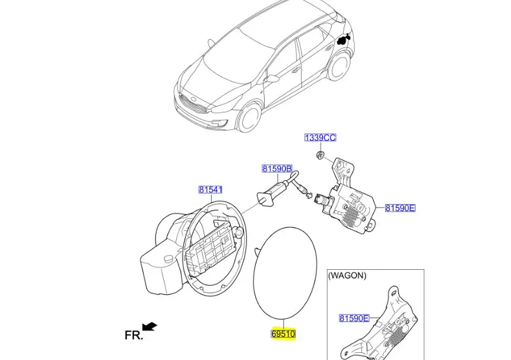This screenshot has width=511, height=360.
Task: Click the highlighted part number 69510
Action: click(x=283, y=334)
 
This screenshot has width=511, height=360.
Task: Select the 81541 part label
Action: click(x=211, y=190)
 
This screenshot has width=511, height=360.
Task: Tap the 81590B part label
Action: click(x=277, y=169)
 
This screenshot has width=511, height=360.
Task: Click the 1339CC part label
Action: click(x=320, y=138)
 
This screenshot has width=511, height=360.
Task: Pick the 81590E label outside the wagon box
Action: click(x=400, y=208)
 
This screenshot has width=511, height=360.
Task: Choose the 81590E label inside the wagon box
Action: click(x=354, y=318)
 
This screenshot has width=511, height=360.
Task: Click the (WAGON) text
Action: click(x=347, y=276)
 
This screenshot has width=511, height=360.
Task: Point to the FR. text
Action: click(x=134, y=335)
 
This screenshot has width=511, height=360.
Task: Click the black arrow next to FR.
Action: click(x=150, y=326)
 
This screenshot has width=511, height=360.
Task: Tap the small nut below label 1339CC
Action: click(x=320, y=155)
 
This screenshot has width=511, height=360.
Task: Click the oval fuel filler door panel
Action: click(x=285, y=273)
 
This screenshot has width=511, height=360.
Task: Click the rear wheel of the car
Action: click(x=339, y=68)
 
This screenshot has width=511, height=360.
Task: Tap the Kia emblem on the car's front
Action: click(x=193, y=99)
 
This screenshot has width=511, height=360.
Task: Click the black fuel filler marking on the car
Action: click(x=343, y=39)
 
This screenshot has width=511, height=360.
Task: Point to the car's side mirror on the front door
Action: click(x=272, y=78)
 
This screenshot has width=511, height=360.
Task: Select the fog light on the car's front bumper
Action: click(x=217, y=123)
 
